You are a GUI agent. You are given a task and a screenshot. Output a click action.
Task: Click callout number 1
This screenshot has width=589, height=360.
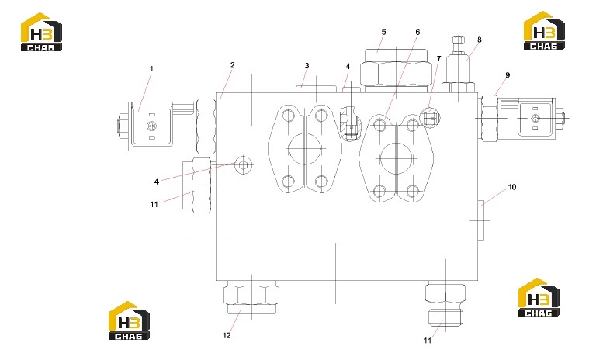pos(151,69)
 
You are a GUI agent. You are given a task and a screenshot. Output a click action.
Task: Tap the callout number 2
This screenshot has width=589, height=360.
pos(233,65)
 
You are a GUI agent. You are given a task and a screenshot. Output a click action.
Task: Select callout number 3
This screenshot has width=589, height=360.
pos(307,66)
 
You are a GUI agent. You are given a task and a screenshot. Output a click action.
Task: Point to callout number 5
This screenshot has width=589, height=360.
pos(383,32)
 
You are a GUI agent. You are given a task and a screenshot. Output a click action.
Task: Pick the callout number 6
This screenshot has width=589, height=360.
pos(417,33)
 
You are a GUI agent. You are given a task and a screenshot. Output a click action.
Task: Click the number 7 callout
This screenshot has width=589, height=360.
pos(438,58)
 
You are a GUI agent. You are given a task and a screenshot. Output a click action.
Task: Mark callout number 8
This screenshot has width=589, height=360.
pos(480,40)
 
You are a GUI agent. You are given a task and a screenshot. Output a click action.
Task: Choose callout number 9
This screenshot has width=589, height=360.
pos(508,75)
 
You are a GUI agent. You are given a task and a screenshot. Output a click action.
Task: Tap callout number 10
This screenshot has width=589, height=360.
pos(512,187)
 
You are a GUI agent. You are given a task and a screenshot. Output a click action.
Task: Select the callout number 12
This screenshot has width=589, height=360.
pos(227,335)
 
